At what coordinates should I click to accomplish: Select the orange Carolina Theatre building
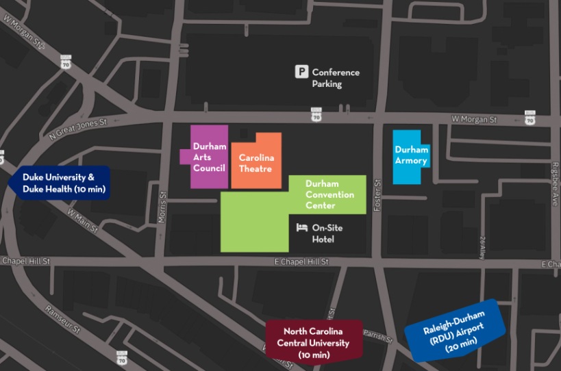[x=256, y=162]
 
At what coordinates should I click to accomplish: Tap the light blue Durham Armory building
[x=411, y=155]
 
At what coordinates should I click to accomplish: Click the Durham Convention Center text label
[x=329, y=195]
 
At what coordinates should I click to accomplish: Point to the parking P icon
[x=301, y=72]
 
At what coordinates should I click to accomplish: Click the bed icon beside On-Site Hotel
[x=301, y=228]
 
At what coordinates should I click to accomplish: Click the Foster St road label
[x=377, y=194]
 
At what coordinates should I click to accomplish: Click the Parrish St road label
[x=379, y=336]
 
